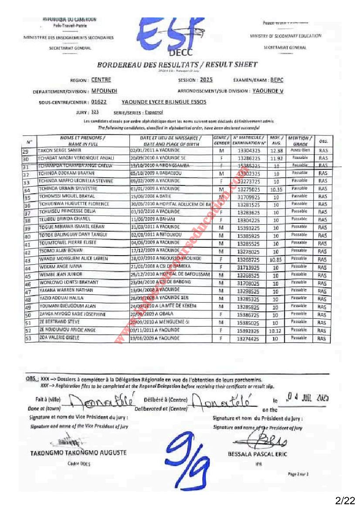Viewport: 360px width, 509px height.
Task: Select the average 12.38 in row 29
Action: pos(276,151)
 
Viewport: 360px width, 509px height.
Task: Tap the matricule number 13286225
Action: pos(249,158)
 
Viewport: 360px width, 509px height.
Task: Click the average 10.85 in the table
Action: pos(276,260)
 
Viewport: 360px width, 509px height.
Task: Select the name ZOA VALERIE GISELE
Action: pos(57,338)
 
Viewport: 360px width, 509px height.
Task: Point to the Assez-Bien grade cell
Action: pos(299,150)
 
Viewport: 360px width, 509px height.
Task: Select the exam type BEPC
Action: pos(276,80)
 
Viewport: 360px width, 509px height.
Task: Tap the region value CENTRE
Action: pos(101,80)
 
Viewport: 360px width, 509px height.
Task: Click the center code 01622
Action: pos(99,102)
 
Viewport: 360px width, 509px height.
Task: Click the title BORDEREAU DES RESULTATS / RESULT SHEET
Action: pos(177,65)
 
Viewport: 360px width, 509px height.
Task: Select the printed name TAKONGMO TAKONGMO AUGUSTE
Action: pos(78,453)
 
